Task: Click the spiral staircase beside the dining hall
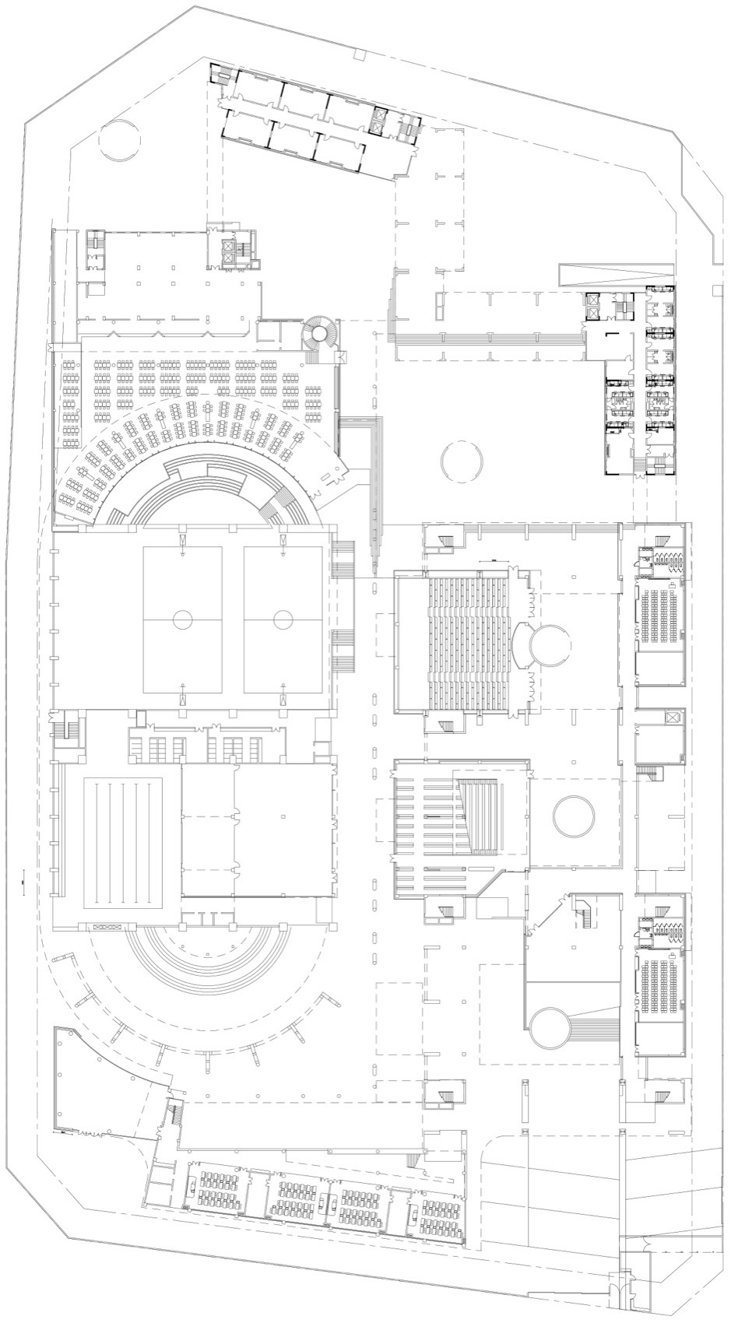(318, 334)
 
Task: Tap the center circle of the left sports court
(182, 619)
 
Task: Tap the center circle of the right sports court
(283, 619)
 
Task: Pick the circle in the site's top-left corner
(120, 141)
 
